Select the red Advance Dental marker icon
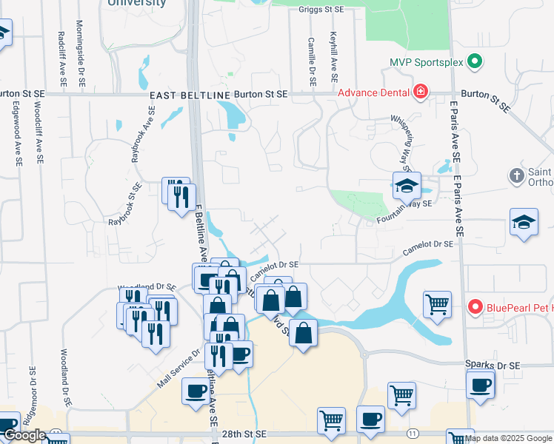(x=421, y=92)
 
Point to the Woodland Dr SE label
(x=147, y=287)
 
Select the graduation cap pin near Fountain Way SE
(x=407, y=186)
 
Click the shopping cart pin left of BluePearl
(x=437, y=303)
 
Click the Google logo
(x=24, y=435)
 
